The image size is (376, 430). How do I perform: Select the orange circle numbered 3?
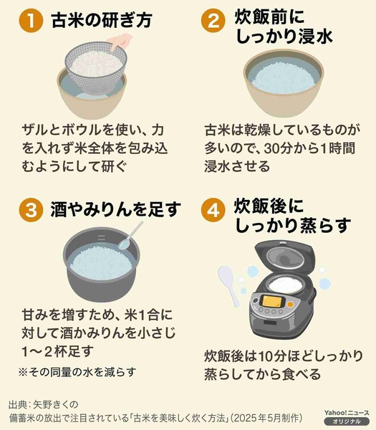(30, 211)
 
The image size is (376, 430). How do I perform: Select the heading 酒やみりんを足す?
(115, 211)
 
